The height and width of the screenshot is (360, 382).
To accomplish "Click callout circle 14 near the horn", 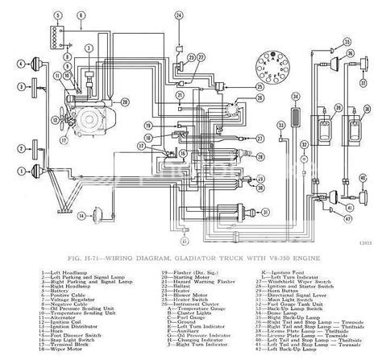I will pos(82,216).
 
